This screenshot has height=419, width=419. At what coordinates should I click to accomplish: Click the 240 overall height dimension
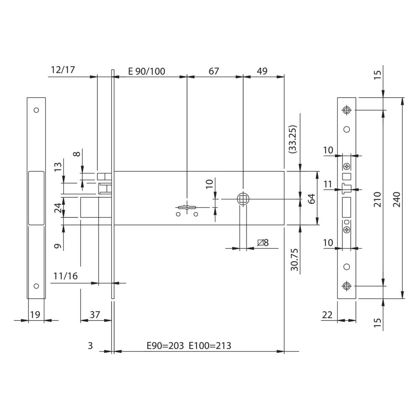click(397, 199)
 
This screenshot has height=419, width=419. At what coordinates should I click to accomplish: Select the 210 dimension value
click(378, 199)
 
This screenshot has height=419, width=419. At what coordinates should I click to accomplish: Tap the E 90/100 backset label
click(146, 71)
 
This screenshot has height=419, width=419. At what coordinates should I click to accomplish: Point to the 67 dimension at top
click(214, 71)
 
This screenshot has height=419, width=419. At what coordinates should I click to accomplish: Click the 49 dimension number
click(262, 71)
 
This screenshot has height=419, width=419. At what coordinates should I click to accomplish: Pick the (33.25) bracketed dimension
click(292, 139)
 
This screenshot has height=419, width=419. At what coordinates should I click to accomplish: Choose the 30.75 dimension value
click(294, 259)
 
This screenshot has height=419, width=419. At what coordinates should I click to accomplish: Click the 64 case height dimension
click(312, 199)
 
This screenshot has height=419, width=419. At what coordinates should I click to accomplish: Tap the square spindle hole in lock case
click(243, 199)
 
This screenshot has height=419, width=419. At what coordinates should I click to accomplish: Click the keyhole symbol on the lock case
click(187, 207)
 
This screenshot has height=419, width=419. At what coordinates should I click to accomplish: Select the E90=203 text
click(165, 346)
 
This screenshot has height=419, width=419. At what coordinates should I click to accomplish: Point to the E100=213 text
click(210, 346)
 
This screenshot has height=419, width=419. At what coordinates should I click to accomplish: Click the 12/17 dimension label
click(63, 70)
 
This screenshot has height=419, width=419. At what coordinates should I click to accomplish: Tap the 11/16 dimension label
click(65, 276)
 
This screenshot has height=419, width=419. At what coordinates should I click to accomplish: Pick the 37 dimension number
click(95, 315)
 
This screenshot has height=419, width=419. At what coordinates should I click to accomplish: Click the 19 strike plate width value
click(35, 315)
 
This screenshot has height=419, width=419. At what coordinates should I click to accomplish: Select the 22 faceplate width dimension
click(327, 315)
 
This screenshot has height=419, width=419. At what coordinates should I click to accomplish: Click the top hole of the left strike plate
click(36, 110)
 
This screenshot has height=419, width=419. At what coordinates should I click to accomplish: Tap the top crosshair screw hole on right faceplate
click(347, 110)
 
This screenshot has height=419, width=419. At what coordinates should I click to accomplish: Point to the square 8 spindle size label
click(263, 243)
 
